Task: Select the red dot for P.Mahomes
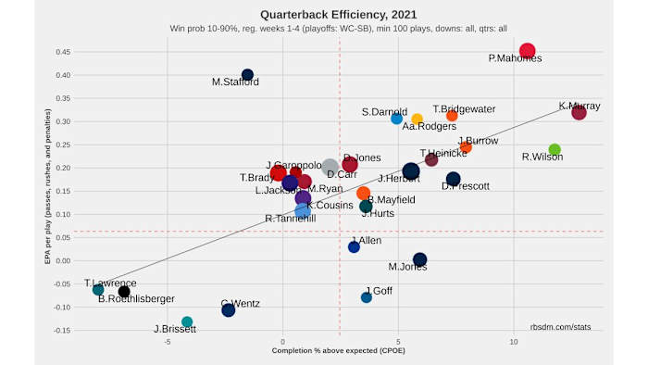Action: tap(528, 51)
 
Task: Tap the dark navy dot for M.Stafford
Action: tap(247, 75)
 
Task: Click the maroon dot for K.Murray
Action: tap(579, 112)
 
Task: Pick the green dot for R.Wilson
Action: tap(555, 149)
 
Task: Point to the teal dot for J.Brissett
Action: tap(187, 321)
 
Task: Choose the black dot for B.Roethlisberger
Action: tap(124, 292)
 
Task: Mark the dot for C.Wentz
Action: tap(229, 310)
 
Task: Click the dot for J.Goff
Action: tap(367, 297)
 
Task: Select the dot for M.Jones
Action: tap(419, 260)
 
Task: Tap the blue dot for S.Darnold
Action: tap(396, 119)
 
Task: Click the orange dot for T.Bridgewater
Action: tap(452, 116)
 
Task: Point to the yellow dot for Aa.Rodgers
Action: tap(417, 119)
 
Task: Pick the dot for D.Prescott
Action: tap(453, 179)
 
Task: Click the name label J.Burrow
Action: tap(478, 141)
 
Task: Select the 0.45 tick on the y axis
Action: tap(64, 51)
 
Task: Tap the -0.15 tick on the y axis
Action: tap(62, 330)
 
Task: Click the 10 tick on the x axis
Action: tap(514, 342)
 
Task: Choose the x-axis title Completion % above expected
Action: tap(338, 351)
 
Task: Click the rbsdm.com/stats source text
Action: tap(560, 327)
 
